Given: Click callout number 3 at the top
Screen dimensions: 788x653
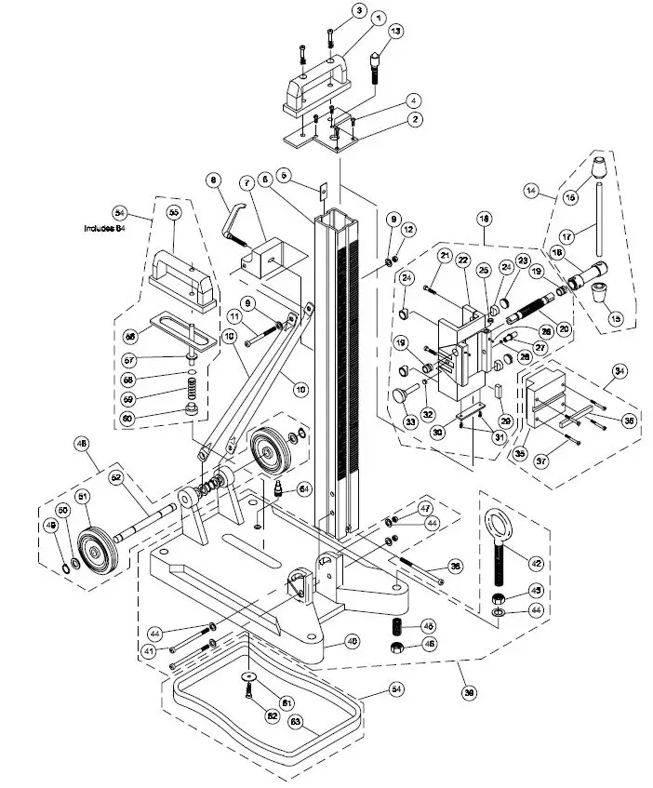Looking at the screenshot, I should [359, 11].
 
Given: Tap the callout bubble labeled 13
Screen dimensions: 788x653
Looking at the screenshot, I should [396, 32].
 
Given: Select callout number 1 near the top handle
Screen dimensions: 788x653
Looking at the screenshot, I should [379, 18].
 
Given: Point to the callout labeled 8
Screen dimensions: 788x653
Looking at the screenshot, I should [213, 180].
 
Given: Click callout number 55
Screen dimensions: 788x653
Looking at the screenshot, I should [172, 212].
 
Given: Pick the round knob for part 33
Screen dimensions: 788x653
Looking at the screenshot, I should [401, 397].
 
